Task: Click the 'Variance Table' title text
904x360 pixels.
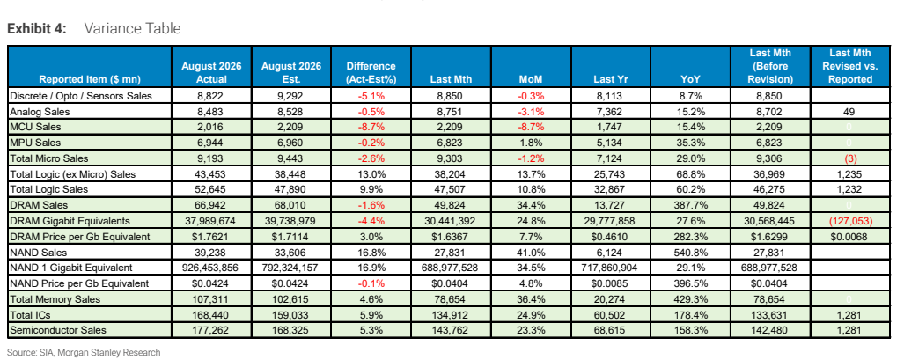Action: click(133, 28)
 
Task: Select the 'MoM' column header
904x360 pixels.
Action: click(531, 79)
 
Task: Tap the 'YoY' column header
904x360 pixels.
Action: click(690, 79)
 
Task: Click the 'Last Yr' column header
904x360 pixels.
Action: click(611, 79)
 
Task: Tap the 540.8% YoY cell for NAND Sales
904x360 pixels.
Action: click(691, 252)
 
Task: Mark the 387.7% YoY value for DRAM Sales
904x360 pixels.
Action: click(691, 204)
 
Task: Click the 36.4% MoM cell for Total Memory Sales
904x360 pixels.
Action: click(531, 299)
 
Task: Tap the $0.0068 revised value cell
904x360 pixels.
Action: click(849, 236)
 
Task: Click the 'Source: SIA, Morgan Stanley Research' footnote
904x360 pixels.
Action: click(84, 352)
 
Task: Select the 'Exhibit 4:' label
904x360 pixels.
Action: click(37, 28)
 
